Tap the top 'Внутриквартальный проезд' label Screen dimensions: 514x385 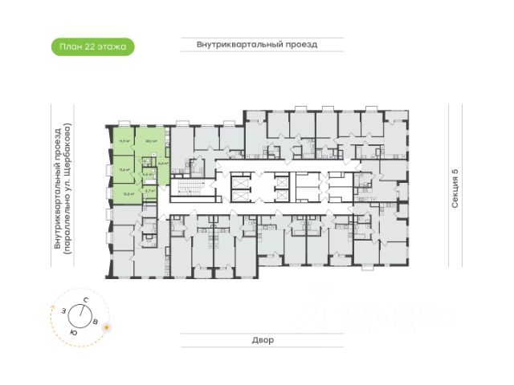pos(257,45)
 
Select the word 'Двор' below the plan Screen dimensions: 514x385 pos(257,340)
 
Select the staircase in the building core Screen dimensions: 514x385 pos(185,189)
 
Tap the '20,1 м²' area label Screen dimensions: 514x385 pos(149,140)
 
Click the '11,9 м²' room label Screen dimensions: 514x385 pos(124,140)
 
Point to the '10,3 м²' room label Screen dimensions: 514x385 pos(124,192)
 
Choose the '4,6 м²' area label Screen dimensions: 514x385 pos(163,163)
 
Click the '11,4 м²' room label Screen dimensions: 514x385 pos(124,169)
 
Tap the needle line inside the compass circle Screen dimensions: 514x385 pos(84,314)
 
